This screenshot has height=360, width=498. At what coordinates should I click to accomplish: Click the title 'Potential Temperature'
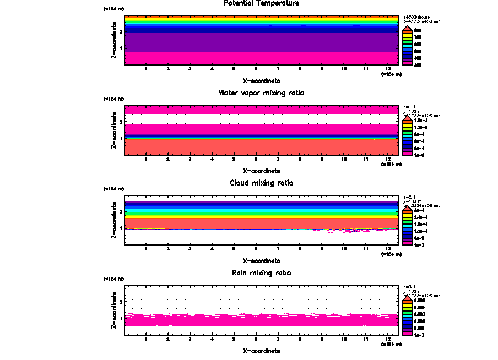click(x=262, y=3)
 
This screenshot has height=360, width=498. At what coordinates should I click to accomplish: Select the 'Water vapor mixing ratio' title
click(x=261, y=93)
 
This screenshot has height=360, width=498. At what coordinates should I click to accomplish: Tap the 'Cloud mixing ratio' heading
click(x=261, y=183)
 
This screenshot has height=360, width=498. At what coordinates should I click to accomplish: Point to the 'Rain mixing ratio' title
click(x=261, y=273)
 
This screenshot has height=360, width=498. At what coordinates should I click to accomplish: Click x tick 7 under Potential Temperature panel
click(x=278, y=69)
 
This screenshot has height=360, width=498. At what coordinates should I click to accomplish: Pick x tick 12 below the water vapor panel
click(x=388, y=160)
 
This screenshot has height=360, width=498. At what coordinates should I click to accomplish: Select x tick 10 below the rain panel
click(x=344, y=340)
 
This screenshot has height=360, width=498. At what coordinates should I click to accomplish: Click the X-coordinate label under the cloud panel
click(x=261, y=260)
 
